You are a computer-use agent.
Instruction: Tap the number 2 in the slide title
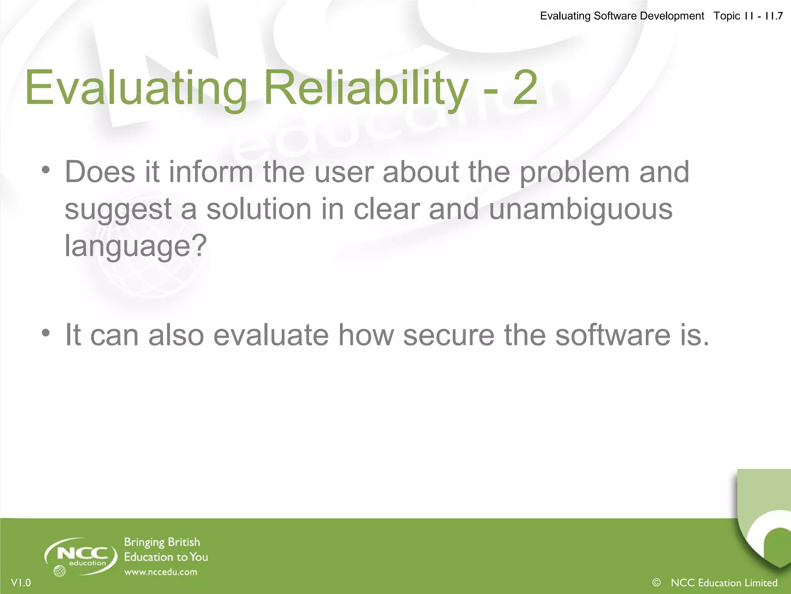tap(525, 88)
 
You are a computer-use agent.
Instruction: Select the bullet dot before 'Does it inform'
tap(46, 170)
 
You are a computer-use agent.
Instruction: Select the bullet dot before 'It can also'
tap(46, 333)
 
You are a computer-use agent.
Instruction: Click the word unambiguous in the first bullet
tap(580, 209)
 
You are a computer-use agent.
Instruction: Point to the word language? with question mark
tap(136, 246)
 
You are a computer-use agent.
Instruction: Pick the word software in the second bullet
tap(613, 335)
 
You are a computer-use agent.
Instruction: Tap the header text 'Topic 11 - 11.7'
tap(748, 16)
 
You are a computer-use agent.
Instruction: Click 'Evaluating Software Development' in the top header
tap(622, 16)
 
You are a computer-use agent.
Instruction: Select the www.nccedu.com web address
tap(161, 572)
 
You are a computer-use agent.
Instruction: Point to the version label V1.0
tap(21, 582)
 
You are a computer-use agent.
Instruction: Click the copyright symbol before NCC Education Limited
tap(656, 582)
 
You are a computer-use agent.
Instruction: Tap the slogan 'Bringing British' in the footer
tap(162, 542)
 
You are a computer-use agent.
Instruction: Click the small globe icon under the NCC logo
tap(59, 571)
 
